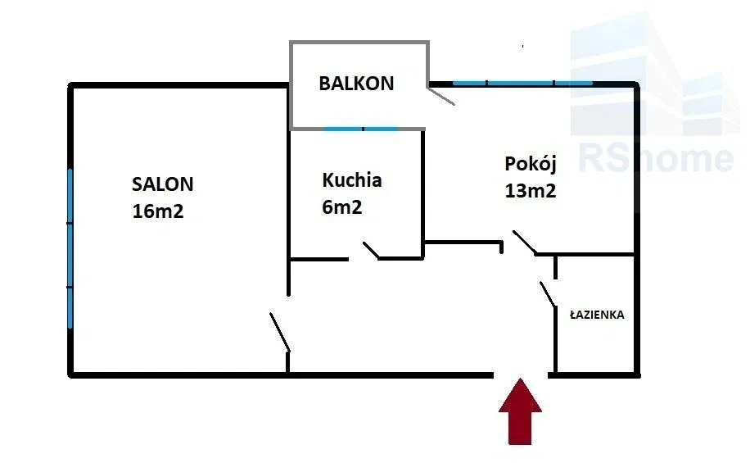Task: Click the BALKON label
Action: [x=356, y=83]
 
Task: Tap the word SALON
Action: [x=163, y=184]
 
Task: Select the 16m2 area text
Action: [x=157, y=211]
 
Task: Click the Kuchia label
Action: [x=352, y=179]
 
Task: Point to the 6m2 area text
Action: [x=342, y=207]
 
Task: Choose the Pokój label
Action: [x=531, y=163]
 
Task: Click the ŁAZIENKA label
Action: [x=598, y=314]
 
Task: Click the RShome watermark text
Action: [x=655, y=157]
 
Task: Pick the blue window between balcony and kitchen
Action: [x=360, y=129]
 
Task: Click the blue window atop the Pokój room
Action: [x=522, y=83]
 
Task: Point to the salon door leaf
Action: [x=280, y=332]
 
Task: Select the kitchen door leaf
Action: [x=371, y=250]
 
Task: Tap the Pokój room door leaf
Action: [x=525, y=243]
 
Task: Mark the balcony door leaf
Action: [x=441, y=96]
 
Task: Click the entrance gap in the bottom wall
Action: [x=522, y=374]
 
